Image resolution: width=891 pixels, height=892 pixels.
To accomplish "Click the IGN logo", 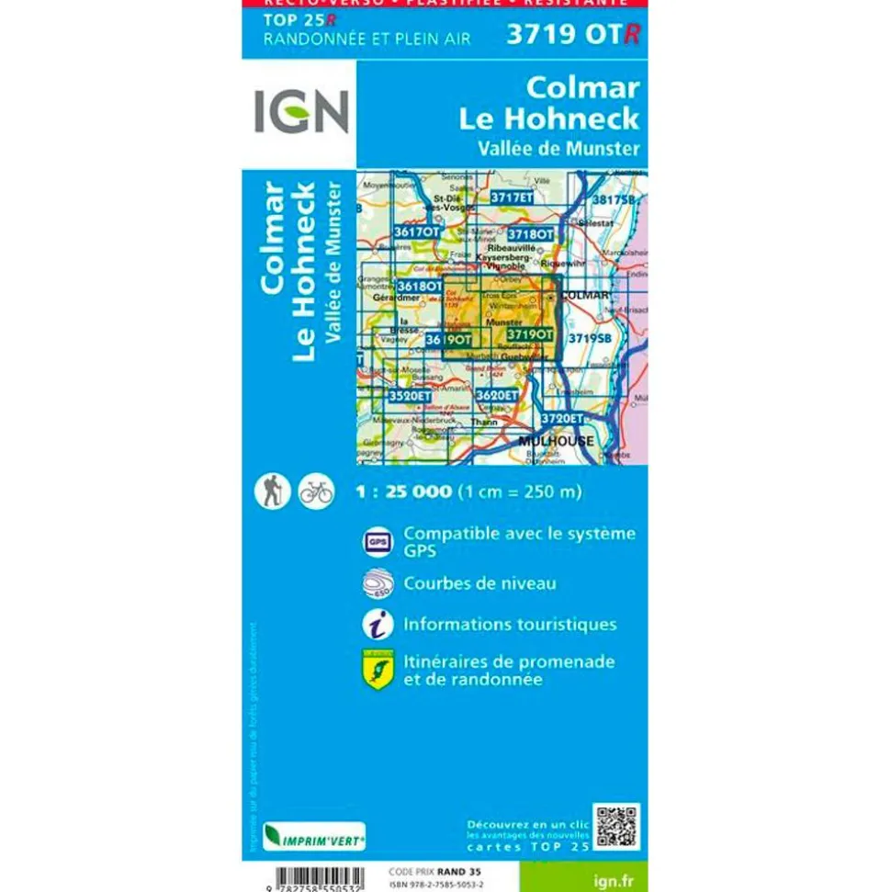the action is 300,111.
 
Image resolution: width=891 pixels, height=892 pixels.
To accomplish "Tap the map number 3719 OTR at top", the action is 572,34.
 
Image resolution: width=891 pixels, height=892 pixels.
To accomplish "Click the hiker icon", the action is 272,491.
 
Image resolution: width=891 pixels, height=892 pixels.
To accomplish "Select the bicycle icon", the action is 315,492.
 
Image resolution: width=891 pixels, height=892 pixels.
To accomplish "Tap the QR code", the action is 616,827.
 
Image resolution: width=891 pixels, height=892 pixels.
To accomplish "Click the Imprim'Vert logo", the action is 314,837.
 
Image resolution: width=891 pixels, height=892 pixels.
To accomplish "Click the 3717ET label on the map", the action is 511,197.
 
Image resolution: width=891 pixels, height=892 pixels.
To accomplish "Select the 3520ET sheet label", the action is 409,396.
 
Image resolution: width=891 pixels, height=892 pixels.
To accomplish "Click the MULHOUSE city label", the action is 556,441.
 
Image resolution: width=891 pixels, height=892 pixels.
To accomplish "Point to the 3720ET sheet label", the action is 561,418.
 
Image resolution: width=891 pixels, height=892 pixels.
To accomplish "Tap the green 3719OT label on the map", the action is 529,335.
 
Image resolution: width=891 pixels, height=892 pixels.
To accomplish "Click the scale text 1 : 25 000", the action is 403,492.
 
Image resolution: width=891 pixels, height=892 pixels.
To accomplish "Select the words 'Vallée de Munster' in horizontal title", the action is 558,147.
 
